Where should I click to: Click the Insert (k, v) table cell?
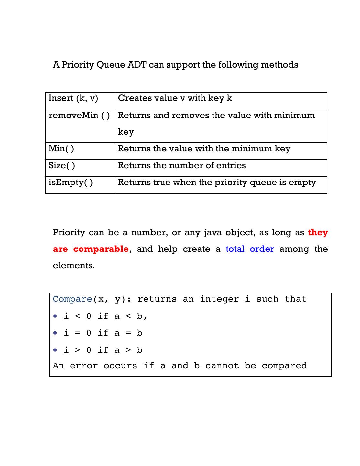73,98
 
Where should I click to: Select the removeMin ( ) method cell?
79,116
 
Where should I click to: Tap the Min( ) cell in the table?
61,149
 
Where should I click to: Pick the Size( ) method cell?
62,166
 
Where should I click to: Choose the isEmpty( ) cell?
71,183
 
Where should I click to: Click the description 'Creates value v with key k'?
175,98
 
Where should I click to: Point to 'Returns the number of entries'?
182,166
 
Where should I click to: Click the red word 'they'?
318,233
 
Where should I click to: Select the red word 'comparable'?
101,249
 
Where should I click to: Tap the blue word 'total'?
235,249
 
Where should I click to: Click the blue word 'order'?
262,249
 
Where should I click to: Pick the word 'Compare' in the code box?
72,299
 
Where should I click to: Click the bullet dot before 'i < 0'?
55,316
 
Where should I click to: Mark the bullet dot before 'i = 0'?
55,333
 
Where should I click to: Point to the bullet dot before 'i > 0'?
55,350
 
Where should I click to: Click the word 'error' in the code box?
84,366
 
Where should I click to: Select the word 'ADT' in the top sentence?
137,65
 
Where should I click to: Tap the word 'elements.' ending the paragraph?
74,266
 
